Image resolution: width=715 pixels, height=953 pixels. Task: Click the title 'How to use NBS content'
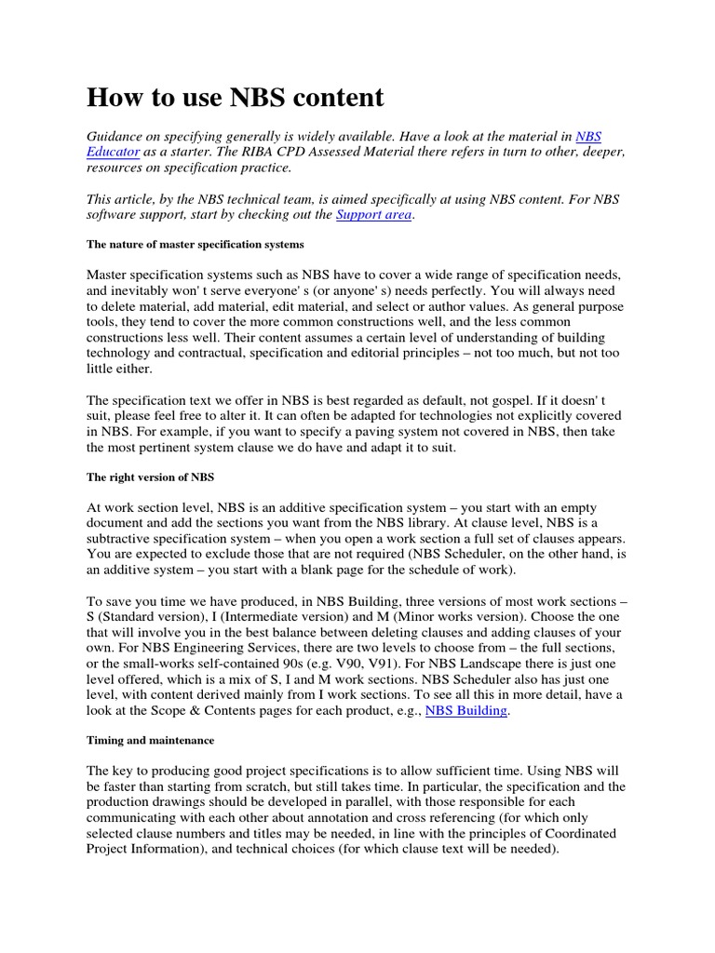235,98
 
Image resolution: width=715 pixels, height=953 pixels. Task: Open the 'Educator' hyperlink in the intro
114,152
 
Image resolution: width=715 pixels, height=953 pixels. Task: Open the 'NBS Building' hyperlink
465,711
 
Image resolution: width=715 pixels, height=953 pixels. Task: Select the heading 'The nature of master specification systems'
196,244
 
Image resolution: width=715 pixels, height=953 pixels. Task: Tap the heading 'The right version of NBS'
150,476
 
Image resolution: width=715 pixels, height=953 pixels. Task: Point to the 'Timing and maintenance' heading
150,740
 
